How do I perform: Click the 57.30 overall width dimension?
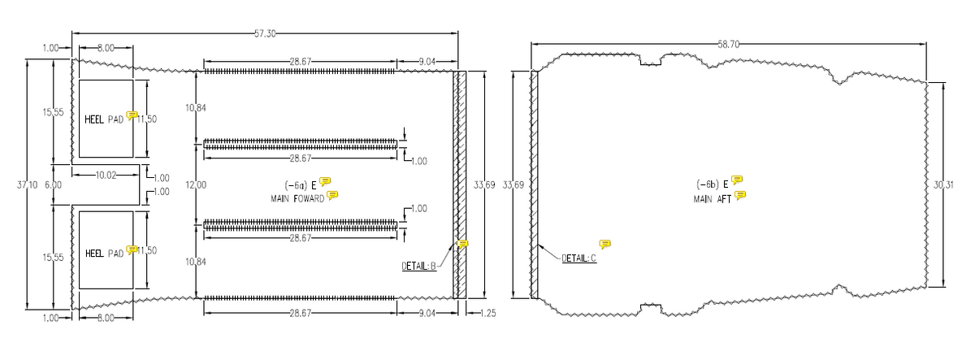point(265,33)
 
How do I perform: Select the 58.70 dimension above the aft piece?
point(728,44)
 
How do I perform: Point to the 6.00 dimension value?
point(52,185)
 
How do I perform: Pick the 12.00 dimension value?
point(196,185)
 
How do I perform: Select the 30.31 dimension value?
point(943,185)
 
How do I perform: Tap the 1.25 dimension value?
point(487,313)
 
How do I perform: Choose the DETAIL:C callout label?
point(578,258)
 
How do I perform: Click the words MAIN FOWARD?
point(297,197)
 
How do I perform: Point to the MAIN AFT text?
point(713,198)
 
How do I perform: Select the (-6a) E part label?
point(301,184)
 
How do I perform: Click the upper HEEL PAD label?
point(104,119)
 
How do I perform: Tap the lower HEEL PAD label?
point(104,253)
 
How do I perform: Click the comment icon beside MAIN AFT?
point(740,195)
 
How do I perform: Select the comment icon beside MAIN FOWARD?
point(331,195)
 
